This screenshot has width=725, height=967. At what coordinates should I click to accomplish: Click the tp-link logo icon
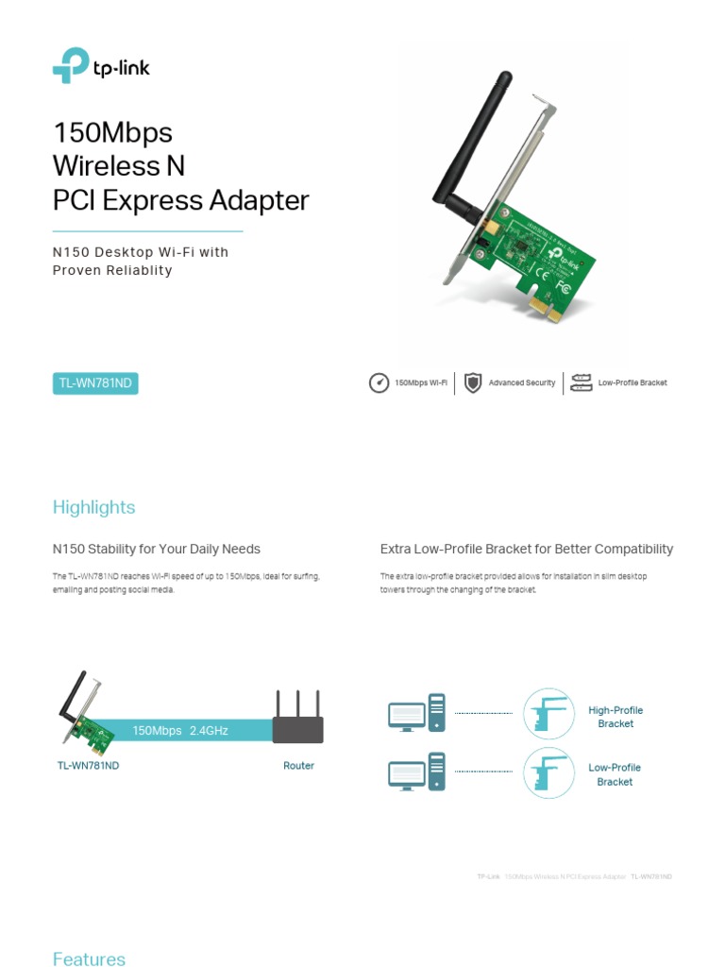click(71, 66)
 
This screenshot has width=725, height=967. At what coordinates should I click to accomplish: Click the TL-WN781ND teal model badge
click(95, 383)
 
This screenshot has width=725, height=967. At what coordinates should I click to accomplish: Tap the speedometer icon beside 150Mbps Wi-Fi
click(379, 382)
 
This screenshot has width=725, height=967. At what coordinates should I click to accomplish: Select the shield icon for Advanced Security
click(473, 382)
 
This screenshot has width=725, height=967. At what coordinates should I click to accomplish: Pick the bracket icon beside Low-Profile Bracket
click(582, 382)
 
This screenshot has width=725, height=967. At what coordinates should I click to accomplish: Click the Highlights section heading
click(93, 507)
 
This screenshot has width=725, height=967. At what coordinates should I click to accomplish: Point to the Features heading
click(89, 959)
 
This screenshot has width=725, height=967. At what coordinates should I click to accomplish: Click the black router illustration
click(298, 723)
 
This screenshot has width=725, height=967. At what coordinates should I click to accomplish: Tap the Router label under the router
click(298, 766)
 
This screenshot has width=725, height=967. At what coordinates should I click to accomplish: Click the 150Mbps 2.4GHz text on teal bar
click(180, 730)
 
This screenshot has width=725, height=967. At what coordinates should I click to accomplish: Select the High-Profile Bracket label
click(615, 717)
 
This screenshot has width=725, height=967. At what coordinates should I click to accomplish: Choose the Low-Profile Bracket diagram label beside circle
click(615, 774)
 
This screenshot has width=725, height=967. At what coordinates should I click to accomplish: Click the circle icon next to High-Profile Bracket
click(548, 714)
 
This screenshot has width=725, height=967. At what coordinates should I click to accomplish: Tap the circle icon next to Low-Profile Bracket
click(548, 772)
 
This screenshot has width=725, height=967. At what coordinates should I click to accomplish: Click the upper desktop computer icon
click(415, 713)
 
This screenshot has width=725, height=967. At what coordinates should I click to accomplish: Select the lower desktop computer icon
click(415, 772)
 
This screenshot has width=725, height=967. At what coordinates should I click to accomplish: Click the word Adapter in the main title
click(261, 200)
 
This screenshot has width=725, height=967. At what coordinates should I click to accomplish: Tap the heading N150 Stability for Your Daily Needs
click(156, 549)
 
